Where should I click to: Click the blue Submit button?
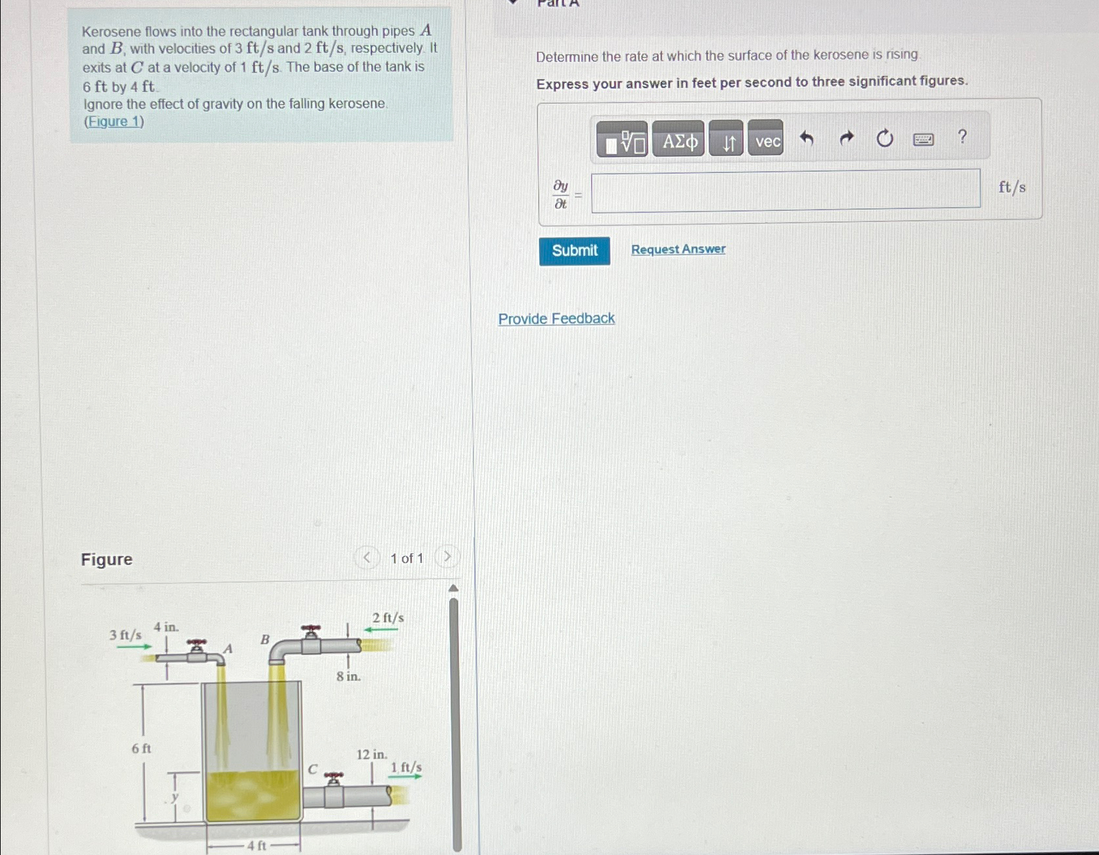574,251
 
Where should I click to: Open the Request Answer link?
678,249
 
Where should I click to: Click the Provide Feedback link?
556,319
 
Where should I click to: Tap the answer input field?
786,190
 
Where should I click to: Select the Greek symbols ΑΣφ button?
678,140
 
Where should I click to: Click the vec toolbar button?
766,140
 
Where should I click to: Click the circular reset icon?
884,138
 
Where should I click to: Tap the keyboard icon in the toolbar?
923,139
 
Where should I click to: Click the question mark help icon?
962,137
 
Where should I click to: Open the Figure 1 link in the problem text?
114,121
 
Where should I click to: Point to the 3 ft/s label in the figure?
125,635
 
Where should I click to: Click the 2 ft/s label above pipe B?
388,618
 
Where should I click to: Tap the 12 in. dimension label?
372,755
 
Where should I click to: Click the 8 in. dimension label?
348,677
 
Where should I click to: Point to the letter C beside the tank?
313,769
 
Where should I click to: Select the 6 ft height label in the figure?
141,749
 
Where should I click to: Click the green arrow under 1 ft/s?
406,777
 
